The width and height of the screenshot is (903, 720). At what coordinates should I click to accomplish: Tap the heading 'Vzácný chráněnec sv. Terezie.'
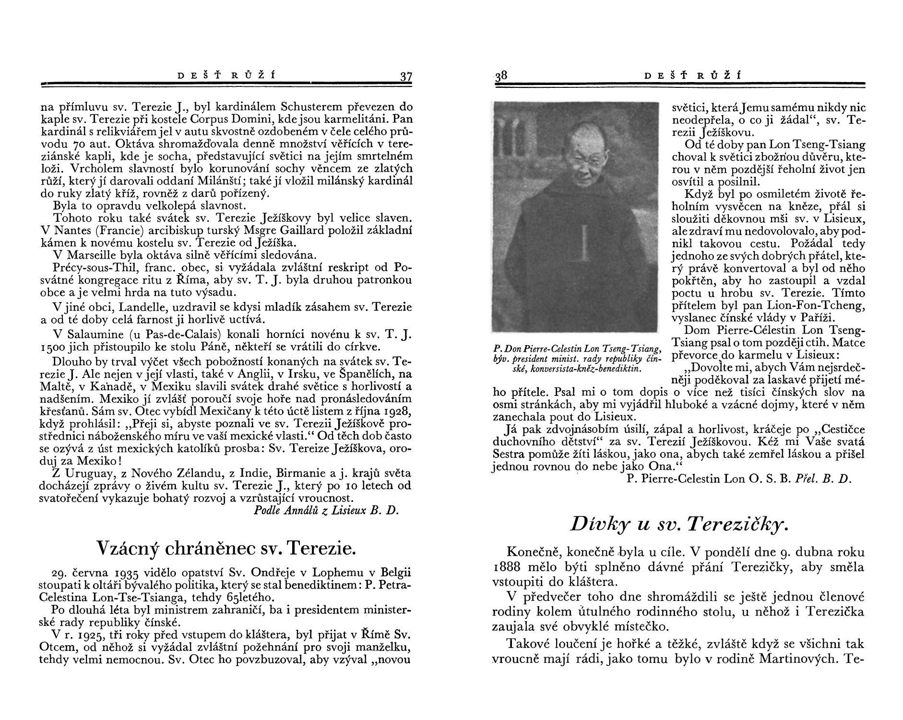226,548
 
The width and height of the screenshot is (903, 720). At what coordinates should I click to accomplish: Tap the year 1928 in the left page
397,412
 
